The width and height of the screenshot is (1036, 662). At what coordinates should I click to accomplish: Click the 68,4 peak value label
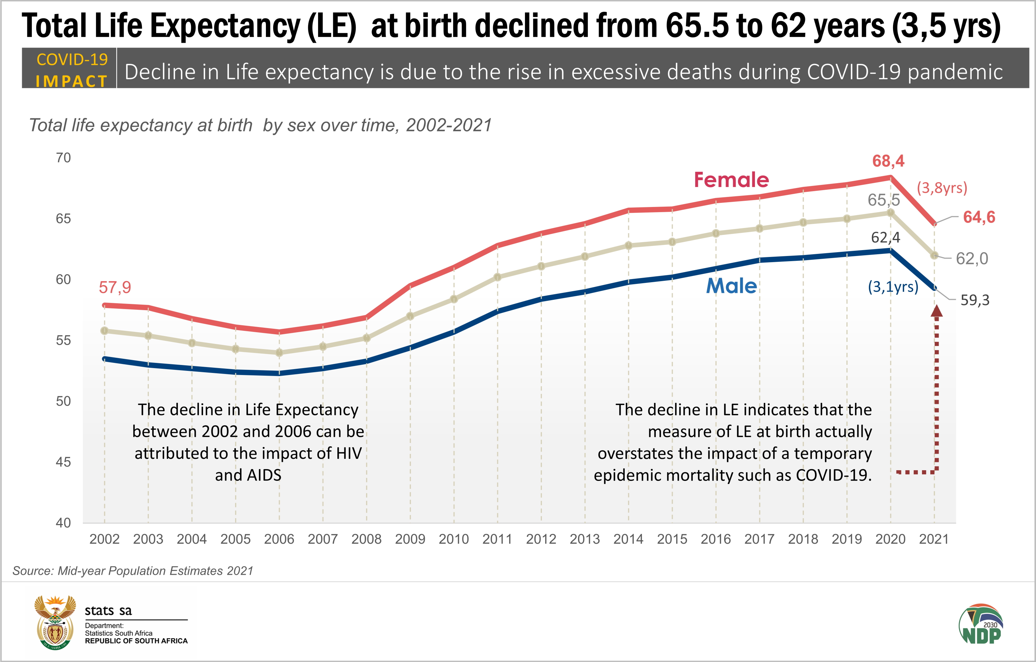[888, 161]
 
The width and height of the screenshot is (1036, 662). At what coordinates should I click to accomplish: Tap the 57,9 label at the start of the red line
[115, 287]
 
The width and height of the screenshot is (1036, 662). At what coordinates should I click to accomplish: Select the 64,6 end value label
[979, 217]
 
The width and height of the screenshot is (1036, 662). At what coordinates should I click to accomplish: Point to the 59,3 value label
[975, 300]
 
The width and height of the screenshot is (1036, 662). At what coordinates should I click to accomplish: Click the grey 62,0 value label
[972, 258]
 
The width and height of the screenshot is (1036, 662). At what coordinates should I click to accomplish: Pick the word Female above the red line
[731, 180]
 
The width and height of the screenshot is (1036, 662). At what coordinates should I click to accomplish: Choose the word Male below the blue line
[731, 286]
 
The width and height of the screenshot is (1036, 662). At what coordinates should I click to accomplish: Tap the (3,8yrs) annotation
[942, 188]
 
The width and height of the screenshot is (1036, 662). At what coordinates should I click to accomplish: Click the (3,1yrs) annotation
[893, 286]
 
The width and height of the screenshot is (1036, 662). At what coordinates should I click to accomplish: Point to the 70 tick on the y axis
[63, 158]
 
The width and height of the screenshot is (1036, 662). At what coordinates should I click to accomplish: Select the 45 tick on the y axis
[63, 462]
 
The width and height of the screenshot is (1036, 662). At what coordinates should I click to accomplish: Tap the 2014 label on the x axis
[628, 539]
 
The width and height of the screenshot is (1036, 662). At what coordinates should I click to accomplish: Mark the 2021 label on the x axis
[933, 539]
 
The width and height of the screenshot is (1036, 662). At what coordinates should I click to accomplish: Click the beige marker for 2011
[497, 277]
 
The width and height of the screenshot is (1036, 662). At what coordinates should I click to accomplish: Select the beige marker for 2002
[104, 330]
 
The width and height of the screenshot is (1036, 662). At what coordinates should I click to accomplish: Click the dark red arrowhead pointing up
[937, 311]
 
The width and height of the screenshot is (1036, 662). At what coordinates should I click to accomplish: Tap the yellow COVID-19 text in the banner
[72, 60]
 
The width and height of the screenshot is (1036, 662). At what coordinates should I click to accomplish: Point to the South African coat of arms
[55, 622]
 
